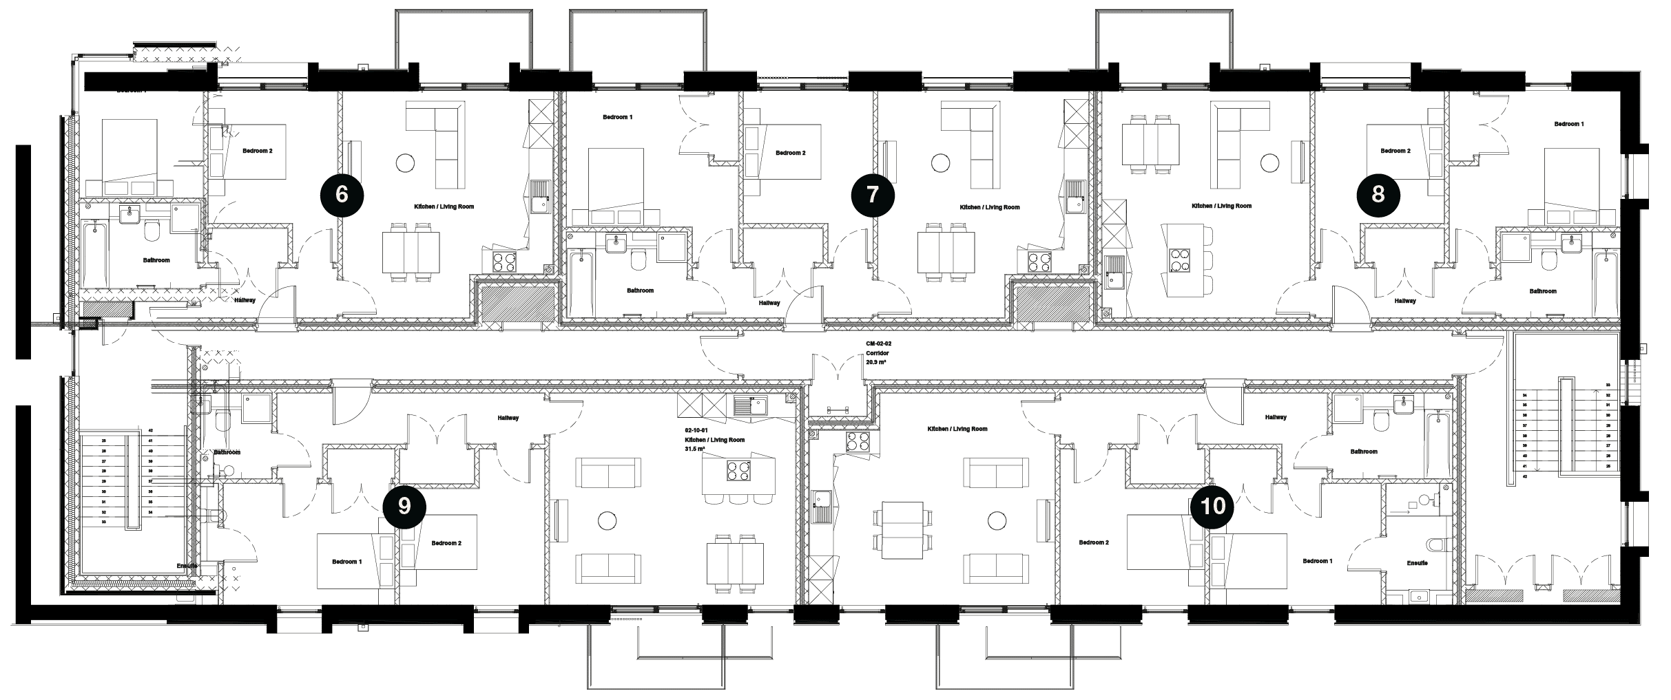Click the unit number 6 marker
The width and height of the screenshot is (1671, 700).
pos(342,195)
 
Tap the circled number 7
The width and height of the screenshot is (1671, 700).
pos(873,195)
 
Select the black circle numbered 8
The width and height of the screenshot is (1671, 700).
pos(1378,195)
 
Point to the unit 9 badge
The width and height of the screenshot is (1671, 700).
pos(404,507)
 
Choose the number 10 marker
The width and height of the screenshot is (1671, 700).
pos(1212,507)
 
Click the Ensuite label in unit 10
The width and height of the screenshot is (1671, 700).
pos(1417,563)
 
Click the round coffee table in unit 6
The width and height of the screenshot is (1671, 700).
pos(404,163)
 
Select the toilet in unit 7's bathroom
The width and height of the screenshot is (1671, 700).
pos(639,260)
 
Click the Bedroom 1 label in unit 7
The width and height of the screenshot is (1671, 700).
pos(617,118)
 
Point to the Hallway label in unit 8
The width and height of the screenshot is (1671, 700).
pos(1404,301)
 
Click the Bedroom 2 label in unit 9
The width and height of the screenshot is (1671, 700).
pos(446,543)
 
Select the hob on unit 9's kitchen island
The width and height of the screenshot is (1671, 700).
pos(738,471)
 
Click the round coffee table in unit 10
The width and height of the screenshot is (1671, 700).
pos(997,520)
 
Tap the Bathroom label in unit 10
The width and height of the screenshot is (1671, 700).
pos(1364,452)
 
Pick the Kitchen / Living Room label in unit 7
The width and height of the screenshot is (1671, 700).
pos(989,207)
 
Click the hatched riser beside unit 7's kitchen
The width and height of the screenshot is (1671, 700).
pos(1052,303)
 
